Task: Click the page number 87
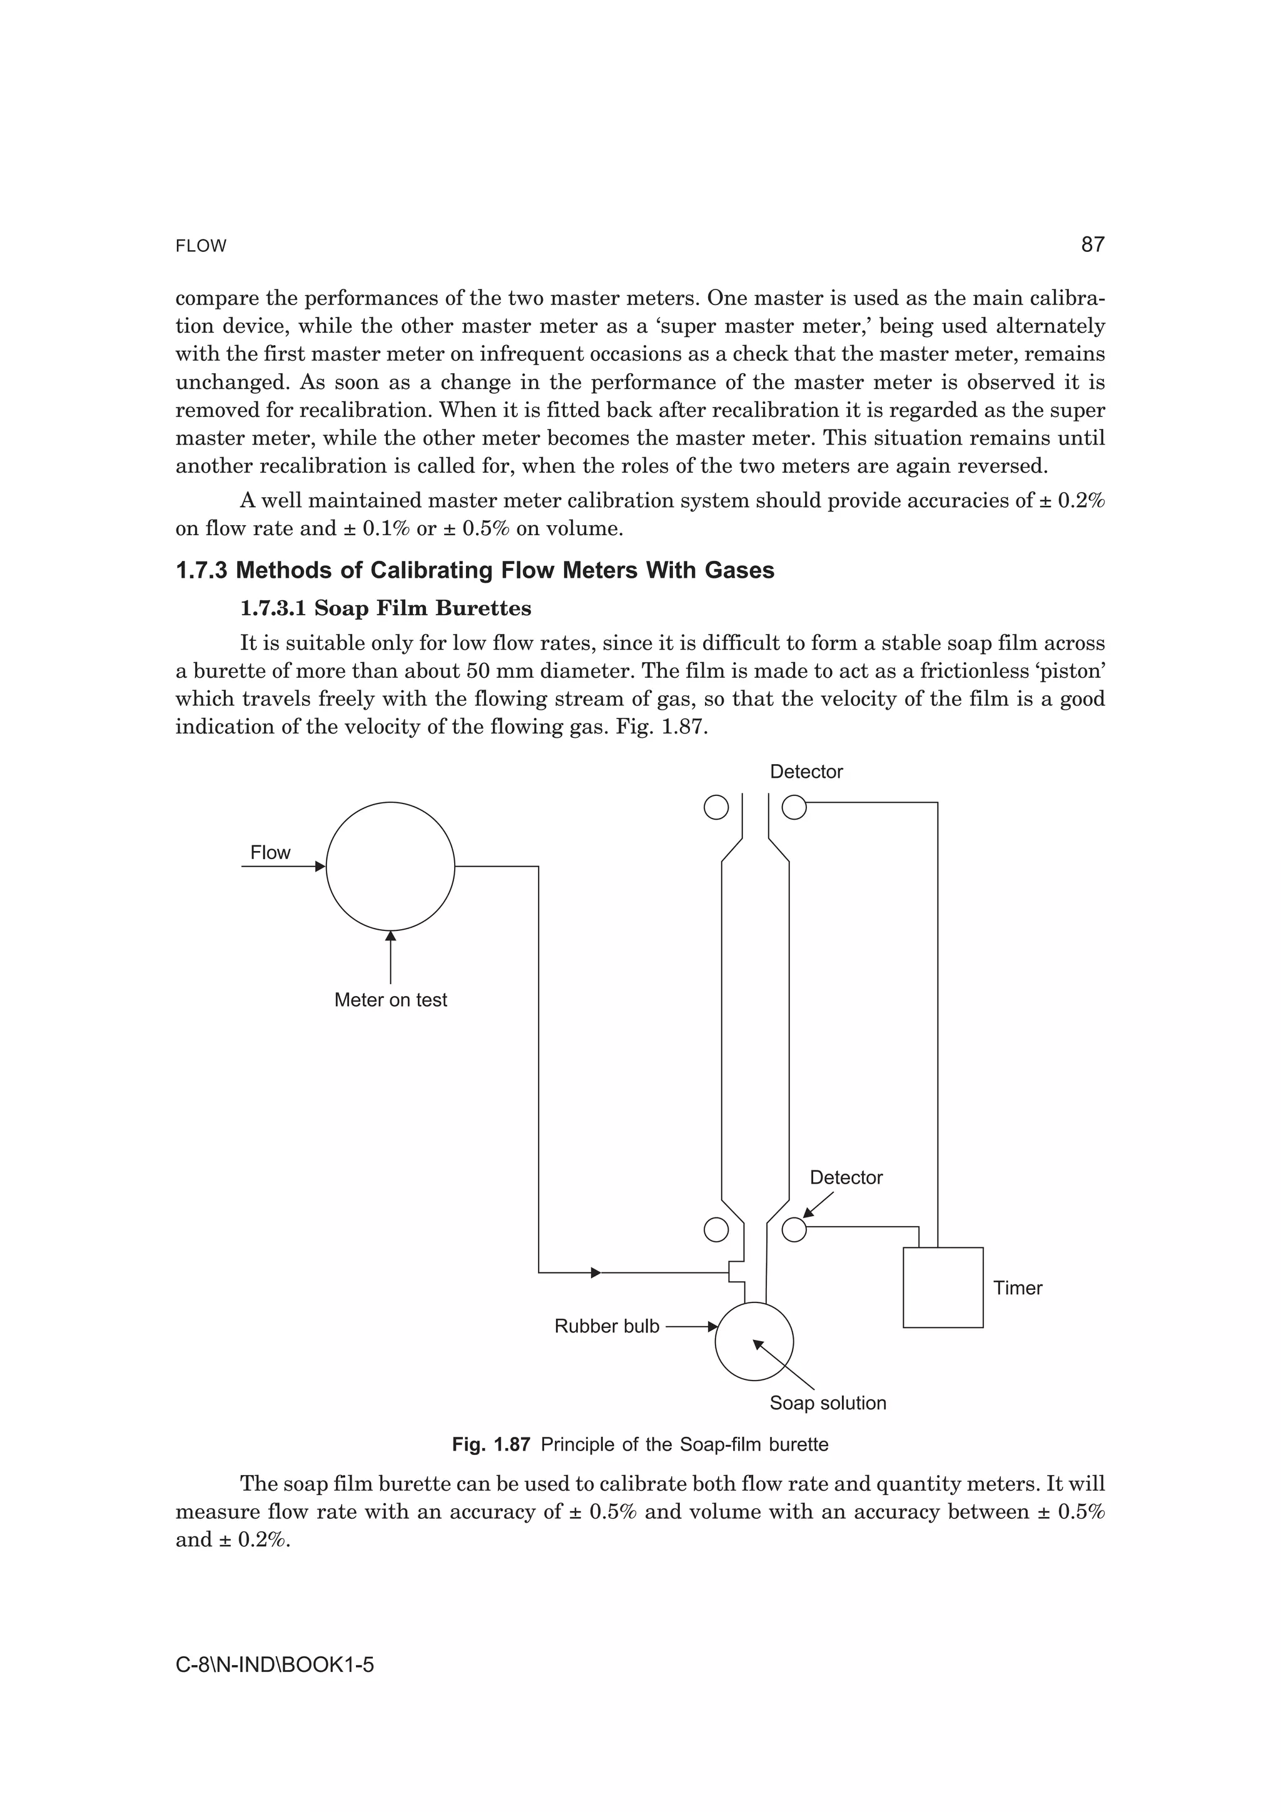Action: pos(1092,244)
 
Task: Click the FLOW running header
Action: pos(201,246)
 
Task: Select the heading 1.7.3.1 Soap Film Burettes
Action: pos(385,608)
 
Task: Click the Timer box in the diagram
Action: pos(943,1287)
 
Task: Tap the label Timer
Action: pos(1018,1288)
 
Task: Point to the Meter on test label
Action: pos(391,1000)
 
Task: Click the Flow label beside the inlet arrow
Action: pos(270,852)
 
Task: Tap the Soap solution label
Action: pos(827,1402)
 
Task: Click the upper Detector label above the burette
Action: pos(806,772)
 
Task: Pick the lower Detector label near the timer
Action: pos(846,1177)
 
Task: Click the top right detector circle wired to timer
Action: pos(794,807)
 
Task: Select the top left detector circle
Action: pos(716,807)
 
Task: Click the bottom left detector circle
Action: pos(716,1229)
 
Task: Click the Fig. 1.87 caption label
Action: pos(490,1444)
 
